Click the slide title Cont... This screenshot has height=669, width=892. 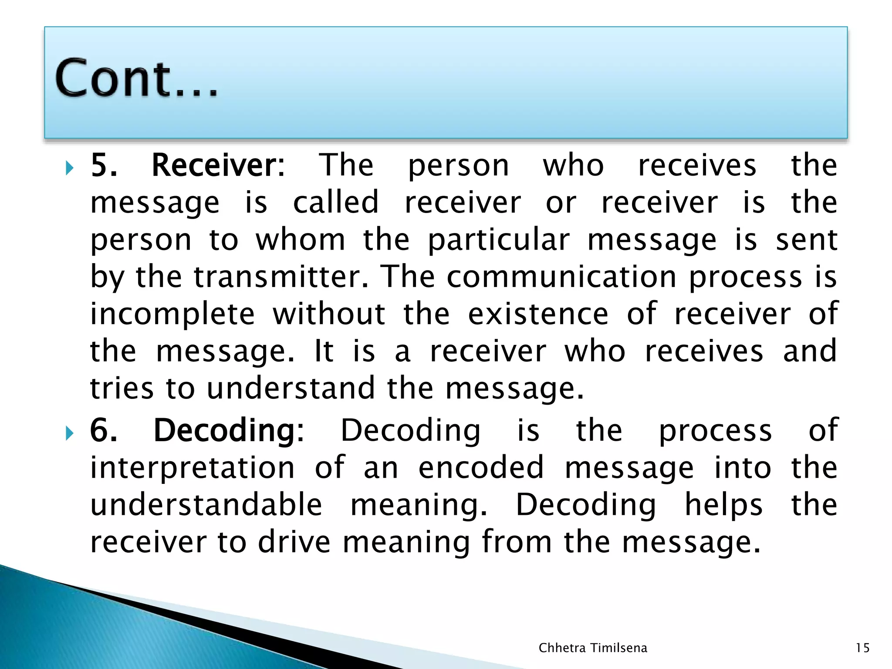pos(136,78)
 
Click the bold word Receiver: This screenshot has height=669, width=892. pos(218,166)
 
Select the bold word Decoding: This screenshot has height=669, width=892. pos(229,430)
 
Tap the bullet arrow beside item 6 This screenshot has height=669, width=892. pos(69,433)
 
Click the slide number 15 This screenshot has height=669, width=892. pos(862,648)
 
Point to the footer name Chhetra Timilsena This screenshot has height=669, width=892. pos(593,648)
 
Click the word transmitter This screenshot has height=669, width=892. pos(281,277)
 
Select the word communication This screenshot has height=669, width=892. pos(561,277)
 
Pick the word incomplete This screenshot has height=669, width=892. pos(172,314)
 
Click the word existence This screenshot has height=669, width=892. pos(538,314)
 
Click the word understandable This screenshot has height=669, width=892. pos(206,505)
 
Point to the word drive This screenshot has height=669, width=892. pos(294,542)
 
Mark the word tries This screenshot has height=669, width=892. pos(122,389)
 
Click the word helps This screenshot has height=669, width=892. pos(723,505)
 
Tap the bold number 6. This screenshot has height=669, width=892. pos(103,430)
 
